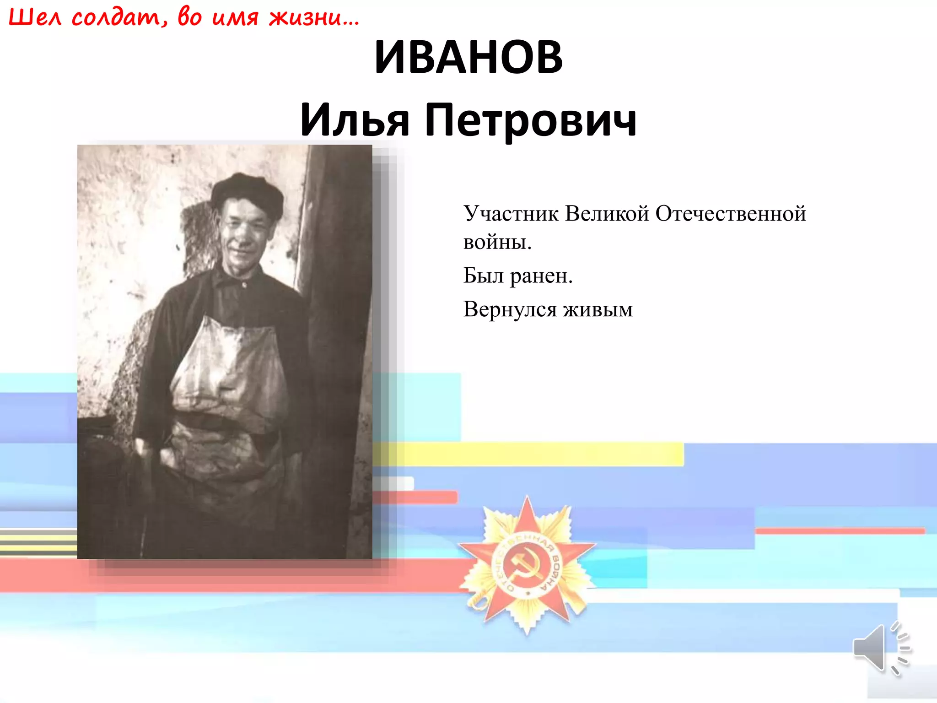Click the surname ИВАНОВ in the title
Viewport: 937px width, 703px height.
(468, 58)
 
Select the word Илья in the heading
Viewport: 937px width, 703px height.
(355, 120)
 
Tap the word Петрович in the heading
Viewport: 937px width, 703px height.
(531, 120)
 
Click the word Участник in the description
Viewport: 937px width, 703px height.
(511, 214)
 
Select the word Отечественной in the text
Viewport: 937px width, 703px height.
(731, 214)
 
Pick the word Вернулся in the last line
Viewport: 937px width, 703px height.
(510, 310)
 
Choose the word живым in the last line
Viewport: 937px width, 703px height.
(598, 310)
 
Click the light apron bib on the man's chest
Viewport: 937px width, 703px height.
(229, 366)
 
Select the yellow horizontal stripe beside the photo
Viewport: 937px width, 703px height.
(526, 454)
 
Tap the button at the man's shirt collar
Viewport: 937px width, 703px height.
(244, 285)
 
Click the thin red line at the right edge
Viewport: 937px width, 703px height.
(840, 531)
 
